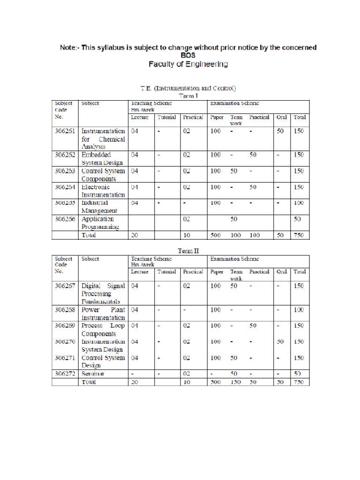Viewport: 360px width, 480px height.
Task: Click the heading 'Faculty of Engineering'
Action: [188, 64]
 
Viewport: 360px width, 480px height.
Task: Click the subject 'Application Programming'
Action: [100, 223]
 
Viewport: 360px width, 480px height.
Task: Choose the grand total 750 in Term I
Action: [299, 235]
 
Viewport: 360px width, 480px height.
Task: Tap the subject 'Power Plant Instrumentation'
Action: [103, 314]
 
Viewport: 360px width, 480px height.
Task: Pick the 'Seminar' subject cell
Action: [93, 374]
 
